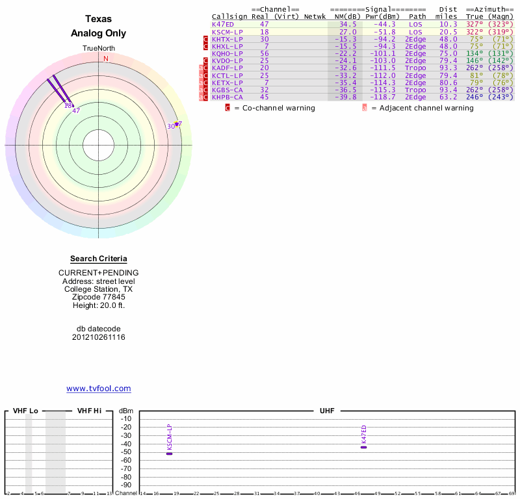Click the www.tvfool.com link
[x=99, y=389]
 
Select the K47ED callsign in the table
[x=223, y=24]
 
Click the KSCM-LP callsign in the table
[x=227, y=32]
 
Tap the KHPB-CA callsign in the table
[x=227, y=97]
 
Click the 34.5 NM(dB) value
[x=348, y=24]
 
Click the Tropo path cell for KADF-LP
[x=415, y=68]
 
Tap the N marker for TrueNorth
[x=105, y=58]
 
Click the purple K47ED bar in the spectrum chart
[x=364, y=447]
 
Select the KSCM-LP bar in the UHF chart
[x=170, y=453]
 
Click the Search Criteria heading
[x=99, y=259]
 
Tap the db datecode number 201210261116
[x=99, y=337]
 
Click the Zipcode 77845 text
[x=99, y=297]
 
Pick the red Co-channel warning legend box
[x=227, y=108]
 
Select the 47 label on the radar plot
[x=76, y=110]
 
